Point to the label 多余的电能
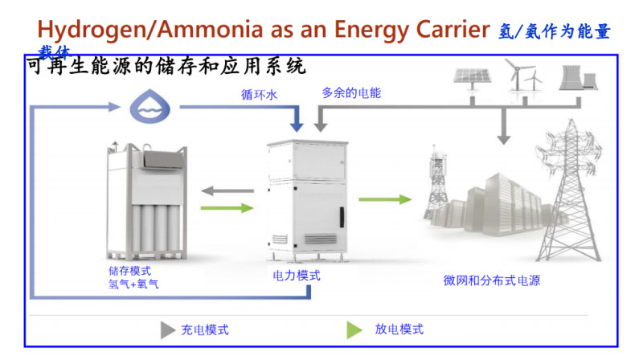point(351,93)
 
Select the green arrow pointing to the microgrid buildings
point(384,200)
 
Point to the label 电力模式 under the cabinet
point(297,276)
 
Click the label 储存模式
point(129,271)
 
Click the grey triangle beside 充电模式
point(167,329)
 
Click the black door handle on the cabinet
point(341,217)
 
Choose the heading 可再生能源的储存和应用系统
point(166,66)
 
